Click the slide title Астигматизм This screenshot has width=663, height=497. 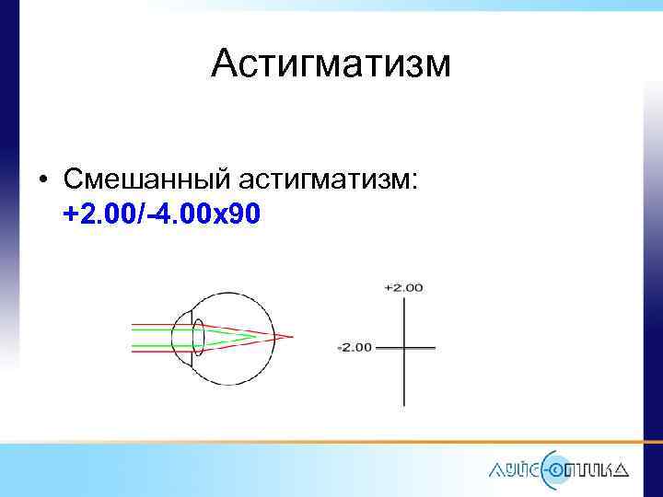(331, 64)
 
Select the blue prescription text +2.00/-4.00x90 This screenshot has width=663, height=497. (162, 214)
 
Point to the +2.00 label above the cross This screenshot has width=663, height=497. (403, 287)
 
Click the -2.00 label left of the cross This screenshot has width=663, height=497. (355, 348)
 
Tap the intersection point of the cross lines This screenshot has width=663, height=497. (403, 348)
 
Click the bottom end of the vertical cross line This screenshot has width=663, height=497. (403, 404)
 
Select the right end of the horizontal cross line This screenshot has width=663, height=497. (433, 348)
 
